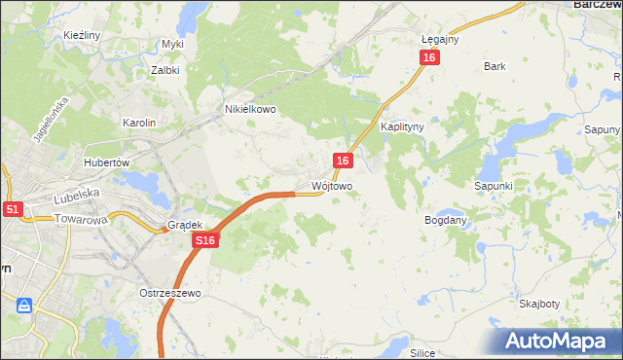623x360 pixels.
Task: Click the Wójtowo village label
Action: click(331, 185)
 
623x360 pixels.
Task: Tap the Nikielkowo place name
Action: click(250, 110)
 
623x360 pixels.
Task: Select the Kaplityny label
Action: click(401, 126)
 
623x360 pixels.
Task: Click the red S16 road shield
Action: click(203, 240)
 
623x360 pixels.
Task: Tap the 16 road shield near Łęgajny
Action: click(430, 58)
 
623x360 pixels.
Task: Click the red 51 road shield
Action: click(12, 208)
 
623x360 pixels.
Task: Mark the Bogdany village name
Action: click(446, 220)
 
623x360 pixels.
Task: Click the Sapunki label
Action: click(493, 185)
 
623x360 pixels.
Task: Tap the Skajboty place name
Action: click(538, 303)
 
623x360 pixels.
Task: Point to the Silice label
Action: click(421, 353)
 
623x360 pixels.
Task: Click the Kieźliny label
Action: click(83, 35)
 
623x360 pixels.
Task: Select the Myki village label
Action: click(172, 44)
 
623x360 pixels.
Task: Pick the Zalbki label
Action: click(166, 70)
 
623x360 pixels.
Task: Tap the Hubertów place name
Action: click(107, 162)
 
